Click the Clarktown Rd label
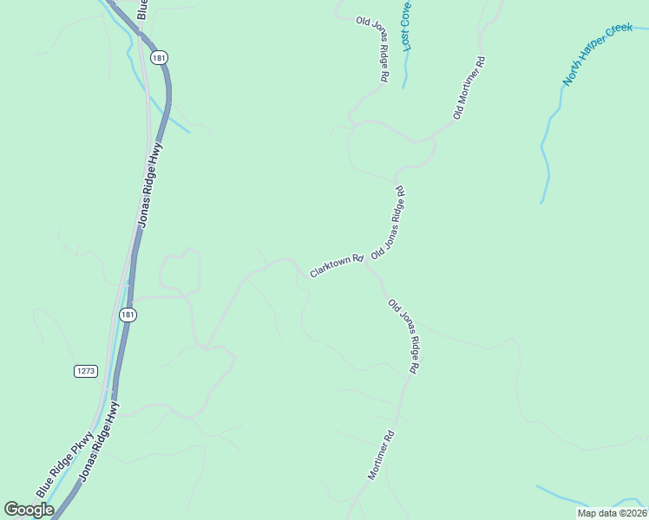click(335, 265)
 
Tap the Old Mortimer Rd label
click(469, 88)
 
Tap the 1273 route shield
click(85, 371)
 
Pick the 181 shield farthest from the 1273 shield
click(158, 57)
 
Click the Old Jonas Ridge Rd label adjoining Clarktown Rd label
click(389, 223)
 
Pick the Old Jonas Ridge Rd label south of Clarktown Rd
click(404, 336)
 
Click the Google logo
click(29, 510)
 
